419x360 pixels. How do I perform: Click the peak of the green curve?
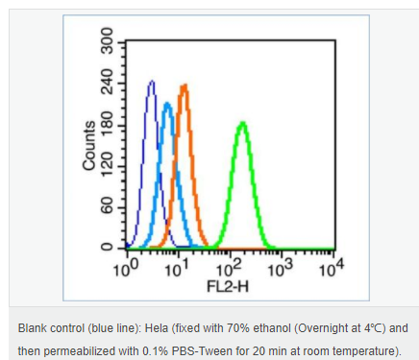[x=243, y=123]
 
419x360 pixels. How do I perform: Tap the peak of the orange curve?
[x=185, y=85]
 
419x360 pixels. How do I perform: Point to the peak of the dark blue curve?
[x=152, y=82]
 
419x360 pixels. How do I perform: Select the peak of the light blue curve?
[x=167, y=104]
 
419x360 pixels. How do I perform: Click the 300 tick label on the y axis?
[x=108, y=40]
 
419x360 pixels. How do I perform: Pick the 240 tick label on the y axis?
[x=108, y=82]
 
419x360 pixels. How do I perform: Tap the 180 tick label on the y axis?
[x=108, y=124]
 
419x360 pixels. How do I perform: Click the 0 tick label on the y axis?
[x=108, y=247]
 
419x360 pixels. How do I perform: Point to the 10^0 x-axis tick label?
[x=126, y=269]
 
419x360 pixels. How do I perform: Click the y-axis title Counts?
[x=89, y=146]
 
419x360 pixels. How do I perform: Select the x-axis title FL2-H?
[x=228, y=286]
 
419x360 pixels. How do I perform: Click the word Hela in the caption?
[x=157, y=328]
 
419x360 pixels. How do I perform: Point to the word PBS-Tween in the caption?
[x=202, y=351]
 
